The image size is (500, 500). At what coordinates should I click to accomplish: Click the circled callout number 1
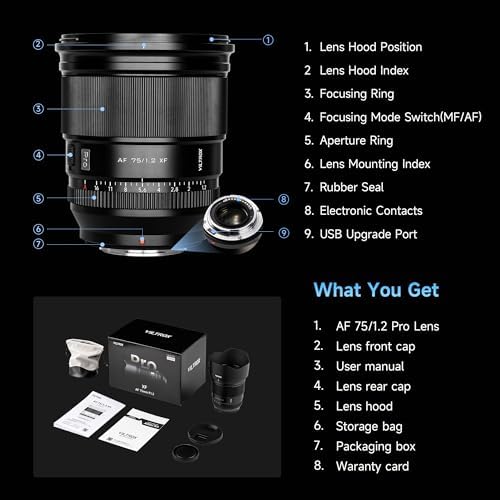click(x=267, y=40)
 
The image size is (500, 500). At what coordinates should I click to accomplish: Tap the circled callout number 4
click(x=38, y=155)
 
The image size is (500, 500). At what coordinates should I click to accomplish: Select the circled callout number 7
click(x=38, y=243)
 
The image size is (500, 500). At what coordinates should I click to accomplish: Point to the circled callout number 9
click(x=283, y=233)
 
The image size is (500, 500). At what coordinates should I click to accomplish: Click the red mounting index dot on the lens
click(x=141, y=237)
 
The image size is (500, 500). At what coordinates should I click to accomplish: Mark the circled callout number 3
click(x=38, y=108)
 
